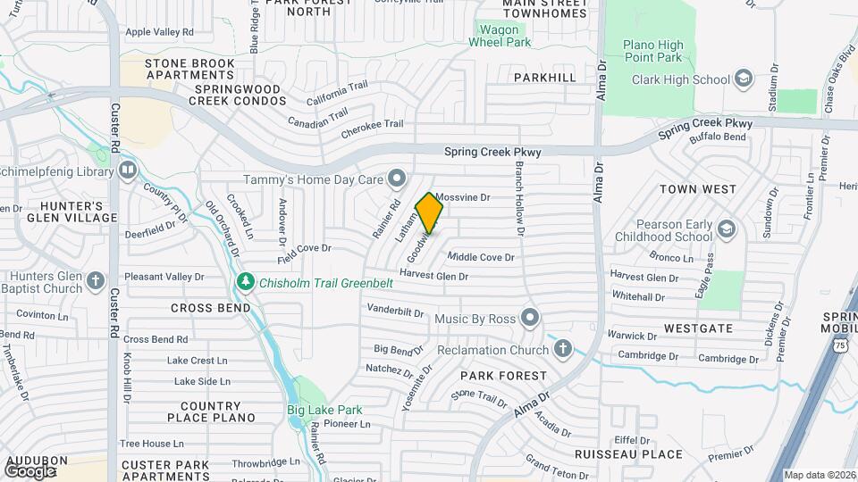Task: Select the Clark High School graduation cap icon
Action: tap(743, 79)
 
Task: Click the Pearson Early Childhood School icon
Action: tap(726, 230)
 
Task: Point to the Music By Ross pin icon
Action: tap(531, 318)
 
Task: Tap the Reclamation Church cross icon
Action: tap(562, 348)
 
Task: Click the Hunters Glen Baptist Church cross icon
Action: tap(97, 282)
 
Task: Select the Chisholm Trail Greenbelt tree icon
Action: tap(246, 283)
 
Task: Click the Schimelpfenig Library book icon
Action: tap(127, 169)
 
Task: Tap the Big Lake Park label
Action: tap(324, 410)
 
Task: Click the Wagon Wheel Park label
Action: tap(500, 35)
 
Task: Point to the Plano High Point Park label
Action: tap(652, 52)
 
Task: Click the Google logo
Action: tap(30, 470)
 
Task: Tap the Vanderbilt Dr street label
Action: tap(394, 312)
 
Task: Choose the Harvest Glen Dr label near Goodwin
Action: tap(433, 276)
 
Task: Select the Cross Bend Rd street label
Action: tap(156, 339)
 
